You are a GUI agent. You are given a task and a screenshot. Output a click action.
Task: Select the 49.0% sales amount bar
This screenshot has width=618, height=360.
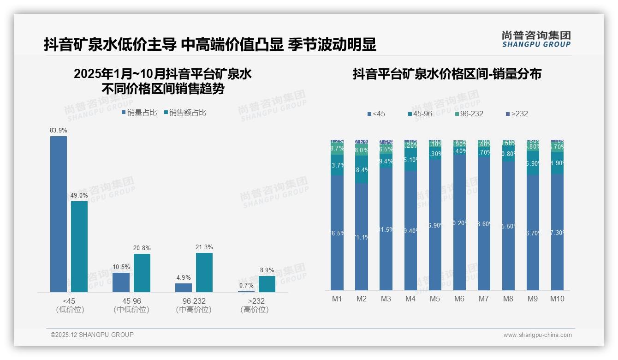tap(79, 246)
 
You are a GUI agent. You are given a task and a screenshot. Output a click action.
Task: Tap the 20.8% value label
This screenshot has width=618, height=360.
tap(142, 248)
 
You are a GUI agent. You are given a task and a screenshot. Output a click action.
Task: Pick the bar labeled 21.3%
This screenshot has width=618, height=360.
tap(204, 272)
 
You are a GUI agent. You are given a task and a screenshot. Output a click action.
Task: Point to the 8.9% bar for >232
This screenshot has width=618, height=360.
tap(267, 284)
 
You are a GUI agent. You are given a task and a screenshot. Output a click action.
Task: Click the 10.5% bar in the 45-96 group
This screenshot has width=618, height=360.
tap(121, 282)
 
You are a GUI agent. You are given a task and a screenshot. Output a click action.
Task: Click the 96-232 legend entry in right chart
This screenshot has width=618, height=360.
tap(468, 114)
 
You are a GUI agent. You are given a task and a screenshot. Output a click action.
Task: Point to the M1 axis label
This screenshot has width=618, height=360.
tap(337, 299)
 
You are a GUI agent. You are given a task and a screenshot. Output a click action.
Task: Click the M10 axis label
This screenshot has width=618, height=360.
tap(557, 299)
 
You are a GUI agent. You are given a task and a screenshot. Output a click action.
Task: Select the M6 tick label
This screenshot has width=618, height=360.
tap(459, 299)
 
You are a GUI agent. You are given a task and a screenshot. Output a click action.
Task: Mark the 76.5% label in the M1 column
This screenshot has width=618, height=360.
tap(337, 233)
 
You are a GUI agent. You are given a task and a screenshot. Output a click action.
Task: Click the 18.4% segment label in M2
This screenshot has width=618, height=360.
tap(362, 170)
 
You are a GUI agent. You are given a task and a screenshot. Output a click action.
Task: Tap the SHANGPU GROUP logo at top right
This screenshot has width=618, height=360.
tap(536, 39)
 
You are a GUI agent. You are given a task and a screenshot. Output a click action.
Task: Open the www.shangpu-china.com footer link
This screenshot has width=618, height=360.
tap(537, 335)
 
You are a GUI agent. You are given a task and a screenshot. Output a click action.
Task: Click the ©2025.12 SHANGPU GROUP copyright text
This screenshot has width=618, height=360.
tap(92, 335)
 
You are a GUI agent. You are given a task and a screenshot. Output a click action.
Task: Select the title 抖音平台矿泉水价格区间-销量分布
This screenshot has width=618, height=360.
tap(447, 74)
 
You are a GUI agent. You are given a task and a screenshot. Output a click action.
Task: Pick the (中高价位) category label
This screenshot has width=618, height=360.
tap(194, 310)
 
